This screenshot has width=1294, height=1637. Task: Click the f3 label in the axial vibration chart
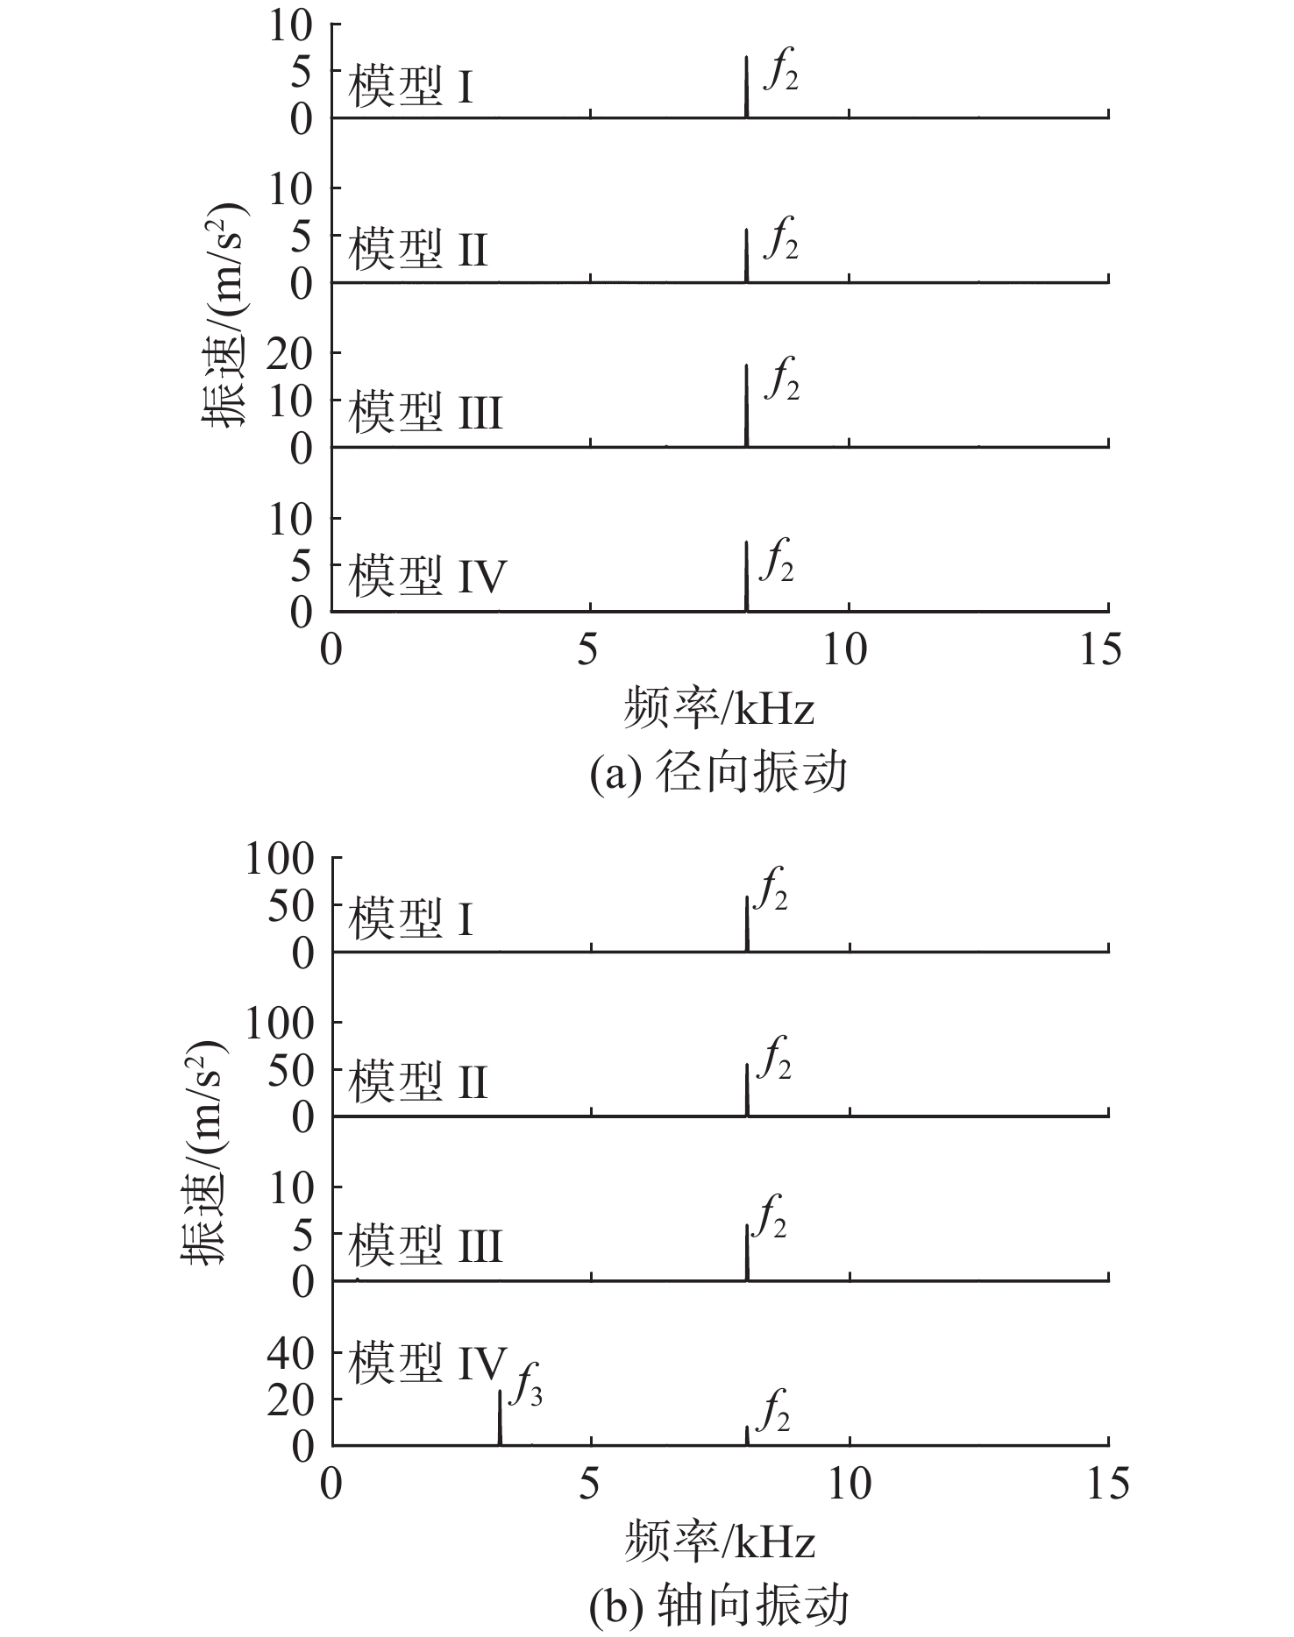[526, 1385]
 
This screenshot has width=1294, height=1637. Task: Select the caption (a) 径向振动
[719, 774]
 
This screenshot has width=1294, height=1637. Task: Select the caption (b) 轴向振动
[719, 1606]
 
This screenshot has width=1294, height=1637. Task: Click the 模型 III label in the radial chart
[426, 412]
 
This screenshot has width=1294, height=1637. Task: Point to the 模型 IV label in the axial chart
[428, 1364]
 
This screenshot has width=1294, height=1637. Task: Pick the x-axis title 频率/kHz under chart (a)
[719, 708]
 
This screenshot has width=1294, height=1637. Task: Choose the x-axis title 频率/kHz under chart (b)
[719, 1541]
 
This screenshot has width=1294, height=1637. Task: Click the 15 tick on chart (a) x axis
[1100, 650]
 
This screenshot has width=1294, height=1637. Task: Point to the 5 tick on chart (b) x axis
[589, 1484]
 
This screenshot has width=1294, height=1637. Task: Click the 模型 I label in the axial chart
[411, 919]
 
